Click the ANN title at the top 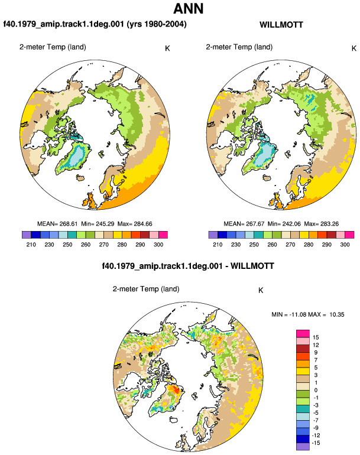click(188, 8)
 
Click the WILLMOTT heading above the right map click(281, 25)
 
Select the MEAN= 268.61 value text click(57, 224)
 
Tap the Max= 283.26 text click(322, 224)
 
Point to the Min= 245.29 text click(98, 224)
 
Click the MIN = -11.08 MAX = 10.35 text click(308, 314)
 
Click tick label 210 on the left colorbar click(31, 245)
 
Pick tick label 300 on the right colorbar click(345, 245)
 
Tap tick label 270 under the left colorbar click(103, 245)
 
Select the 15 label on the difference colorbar click(316, 337)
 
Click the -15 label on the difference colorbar click(316, 443)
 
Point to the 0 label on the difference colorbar click(316, 390)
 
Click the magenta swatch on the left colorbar click(163, 235)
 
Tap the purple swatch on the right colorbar click(213, 235)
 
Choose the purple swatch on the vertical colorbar click(303, 447)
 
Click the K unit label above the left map click(167, 48)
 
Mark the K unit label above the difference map click(261, 291)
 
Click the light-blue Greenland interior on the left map click(76, 156)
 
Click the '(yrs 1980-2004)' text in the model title click(157, 24)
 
